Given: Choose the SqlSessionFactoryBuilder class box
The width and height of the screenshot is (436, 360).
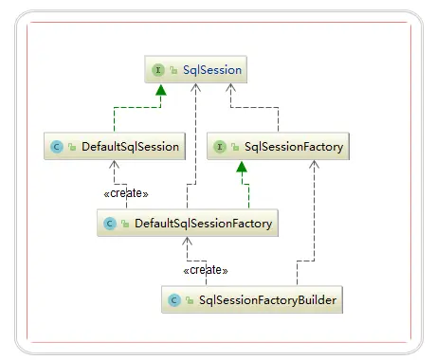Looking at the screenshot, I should [x=252, y=301].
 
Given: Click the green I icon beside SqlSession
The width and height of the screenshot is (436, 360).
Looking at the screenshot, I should [x=157, y=69].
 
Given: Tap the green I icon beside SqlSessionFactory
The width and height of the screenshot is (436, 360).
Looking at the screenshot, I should [x=219, y=147].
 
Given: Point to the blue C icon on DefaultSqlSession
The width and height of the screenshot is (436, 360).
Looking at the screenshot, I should [x=57, y=147].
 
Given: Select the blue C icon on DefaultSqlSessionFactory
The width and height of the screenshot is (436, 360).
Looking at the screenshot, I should [x=110, y=225].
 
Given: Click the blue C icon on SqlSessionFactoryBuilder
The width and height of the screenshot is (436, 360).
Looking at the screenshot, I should [x=173, y=301].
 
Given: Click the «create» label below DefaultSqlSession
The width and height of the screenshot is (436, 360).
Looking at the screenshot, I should [x=125, y=193].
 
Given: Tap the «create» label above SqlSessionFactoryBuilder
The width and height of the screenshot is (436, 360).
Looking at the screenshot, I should [x=206, y=271].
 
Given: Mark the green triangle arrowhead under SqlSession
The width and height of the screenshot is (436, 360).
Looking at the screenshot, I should [x=160, y=90].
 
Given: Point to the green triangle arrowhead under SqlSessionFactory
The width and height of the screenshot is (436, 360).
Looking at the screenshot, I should [x=243, y=168].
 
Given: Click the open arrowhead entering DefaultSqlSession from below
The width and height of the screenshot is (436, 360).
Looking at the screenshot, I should [x=114, y=165].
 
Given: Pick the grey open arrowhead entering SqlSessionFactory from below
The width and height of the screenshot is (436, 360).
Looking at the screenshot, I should [x=314, y=166].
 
